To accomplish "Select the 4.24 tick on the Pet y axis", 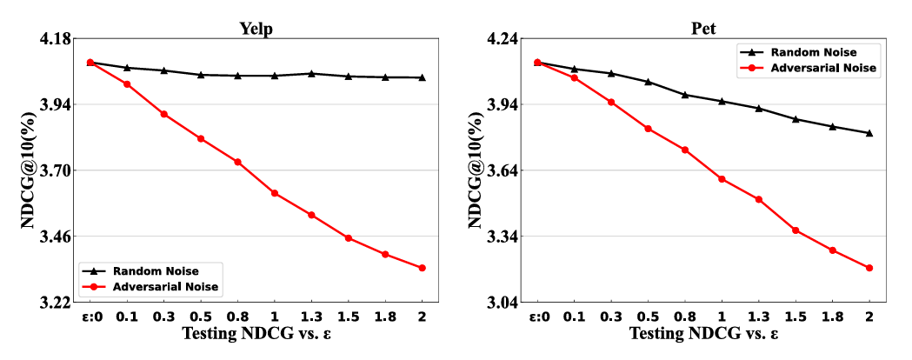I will pos(502,39).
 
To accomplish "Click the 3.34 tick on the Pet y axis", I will pos(502,237).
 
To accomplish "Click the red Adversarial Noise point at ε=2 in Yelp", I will pos(422,268).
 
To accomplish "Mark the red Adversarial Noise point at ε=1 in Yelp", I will pos(274,193).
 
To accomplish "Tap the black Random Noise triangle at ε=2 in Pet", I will pos(869,133).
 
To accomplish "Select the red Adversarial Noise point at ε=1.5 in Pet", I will pos(795,230).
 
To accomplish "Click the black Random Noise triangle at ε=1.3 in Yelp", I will pos(311,73).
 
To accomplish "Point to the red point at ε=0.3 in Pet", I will pos(611,103).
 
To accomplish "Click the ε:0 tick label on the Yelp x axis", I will pos(90,317).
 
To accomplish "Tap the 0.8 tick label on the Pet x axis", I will pos(684,317).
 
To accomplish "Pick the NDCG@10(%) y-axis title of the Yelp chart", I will pos(28,171).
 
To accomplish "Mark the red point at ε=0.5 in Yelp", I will pos(200,138).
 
